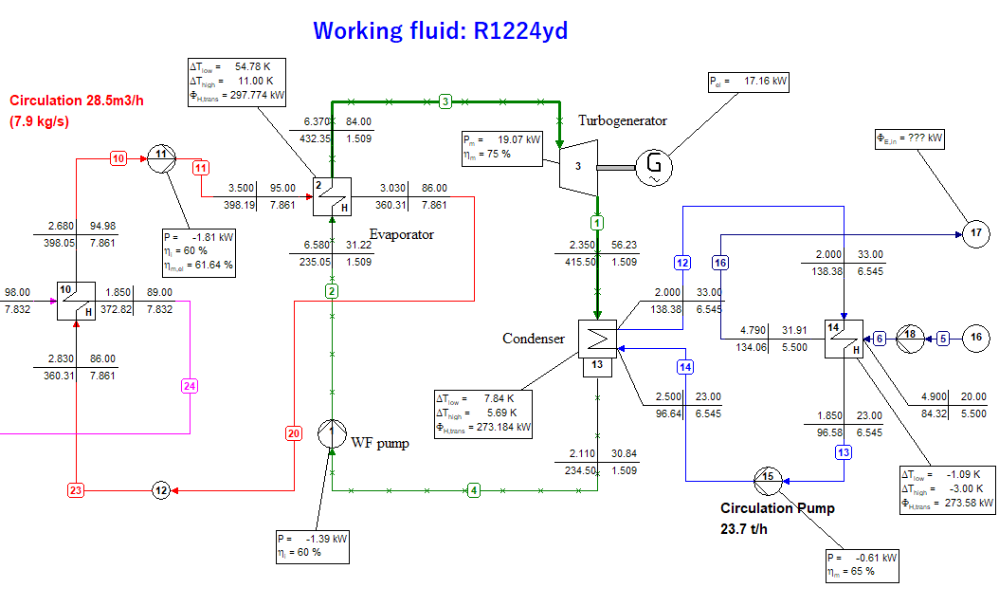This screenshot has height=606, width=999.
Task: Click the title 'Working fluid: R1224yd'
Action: click(x=440, y=30)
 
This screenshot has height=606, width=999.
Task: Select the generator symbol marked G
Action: click(x=654, y=167)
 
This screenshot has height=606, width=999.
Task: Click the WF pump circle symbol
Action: click(x=332, y=435)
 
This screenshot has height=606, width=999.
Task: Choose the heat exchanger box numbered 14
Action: click(x=843, y=338)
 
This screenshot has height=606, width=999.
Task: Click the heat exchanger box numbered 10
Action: click(x=76, y=301)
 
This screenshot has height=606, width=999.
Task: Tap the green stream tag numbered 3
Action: click(x=445, y=101)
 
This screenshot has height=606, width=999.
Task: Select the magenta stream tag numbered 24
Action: click(x=190, y=386)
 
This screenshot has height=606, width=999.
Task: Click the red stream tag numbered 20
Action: click(x=294, y=433)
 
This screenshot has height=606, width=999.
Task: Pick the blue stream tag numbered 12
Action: click(x=682, y=262)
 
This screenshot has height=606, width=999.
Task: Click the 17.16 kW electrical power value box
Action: click(x=748, y=82)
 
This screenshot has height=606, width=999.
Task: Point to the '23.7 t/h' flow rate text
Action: click(x=744, y=528)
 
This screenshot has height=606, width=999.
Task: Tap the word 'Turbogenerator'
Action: click(x=623, y=120)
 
